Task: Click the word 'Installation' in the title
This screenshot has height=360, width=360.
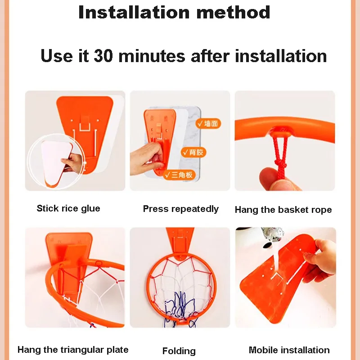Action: point(134,13)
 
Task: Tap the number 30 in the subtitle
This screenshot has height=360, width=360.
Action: point(103,56)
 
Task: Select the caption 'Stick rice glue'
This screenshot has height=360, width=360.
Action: point(68,208)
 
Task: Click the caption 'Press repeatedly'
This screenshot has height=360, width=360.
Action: point(181,209)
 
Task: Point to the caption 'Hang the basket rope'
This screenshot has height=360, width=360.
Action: point(283,210)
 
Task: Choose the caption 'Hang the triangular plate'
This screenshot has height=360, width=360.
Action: point(73,350)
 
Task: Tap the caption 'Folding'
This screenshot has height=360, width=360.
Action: point(179,351)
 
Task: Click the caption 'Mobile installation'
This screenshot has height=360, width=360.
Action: point(289,350)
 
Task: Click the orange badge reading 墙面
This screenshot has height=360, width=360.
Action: point(208,123)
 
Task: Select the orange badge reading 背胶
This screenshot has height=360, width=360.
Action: point(193,152)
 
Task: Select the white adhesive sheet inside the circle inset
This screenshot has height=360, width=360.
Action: point(56,162)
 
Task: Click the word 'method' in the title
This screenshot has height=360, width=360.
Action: point(233,13)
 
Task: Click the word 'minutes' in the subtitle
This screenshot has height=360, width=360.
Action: point(152,56)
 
